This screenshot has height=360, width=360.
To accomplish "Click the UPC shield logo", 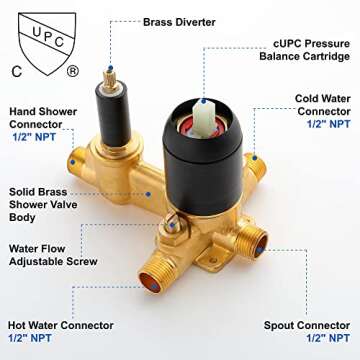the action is pos(47,43).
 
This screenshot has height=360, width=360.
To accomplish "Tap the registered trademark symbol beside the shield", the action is pos(73,71).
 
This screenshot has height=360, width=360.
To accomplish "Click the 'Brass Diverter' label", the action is pos(179,22).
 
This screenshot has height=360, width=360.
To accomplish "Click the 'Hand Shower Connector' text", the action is pos(43,118).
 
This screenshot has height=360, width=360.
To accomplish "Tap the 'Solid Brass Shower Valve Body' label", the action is pos(43,205).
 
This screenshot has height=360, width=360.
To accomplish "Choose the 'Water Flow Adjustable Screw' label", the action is pos(53,255).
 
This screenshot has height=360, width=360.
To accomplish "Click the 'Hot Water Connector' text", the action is pos(61,325).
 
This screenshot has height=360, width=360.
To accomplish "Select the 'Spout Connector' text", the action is pos(307,325).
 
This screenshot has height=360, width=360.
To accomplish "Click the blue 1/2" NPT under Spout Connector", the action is pos(328,338).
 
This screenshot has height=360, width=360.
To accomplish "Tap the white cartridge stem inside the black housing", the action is pos(203,118).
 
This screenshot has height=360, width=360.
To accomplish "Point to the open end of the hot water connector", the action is pos(150,283).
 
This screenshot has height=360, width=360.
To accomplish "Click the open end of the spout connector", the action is pos(260,246).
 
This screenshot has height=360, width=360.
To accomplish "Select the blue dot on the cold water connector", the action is pos(254,157).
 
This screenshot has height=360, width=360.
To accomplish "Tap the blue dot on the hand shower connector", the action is pos(72,162).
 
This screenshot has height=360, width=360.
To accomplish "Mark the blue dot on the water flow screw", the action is pos(171,225).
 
